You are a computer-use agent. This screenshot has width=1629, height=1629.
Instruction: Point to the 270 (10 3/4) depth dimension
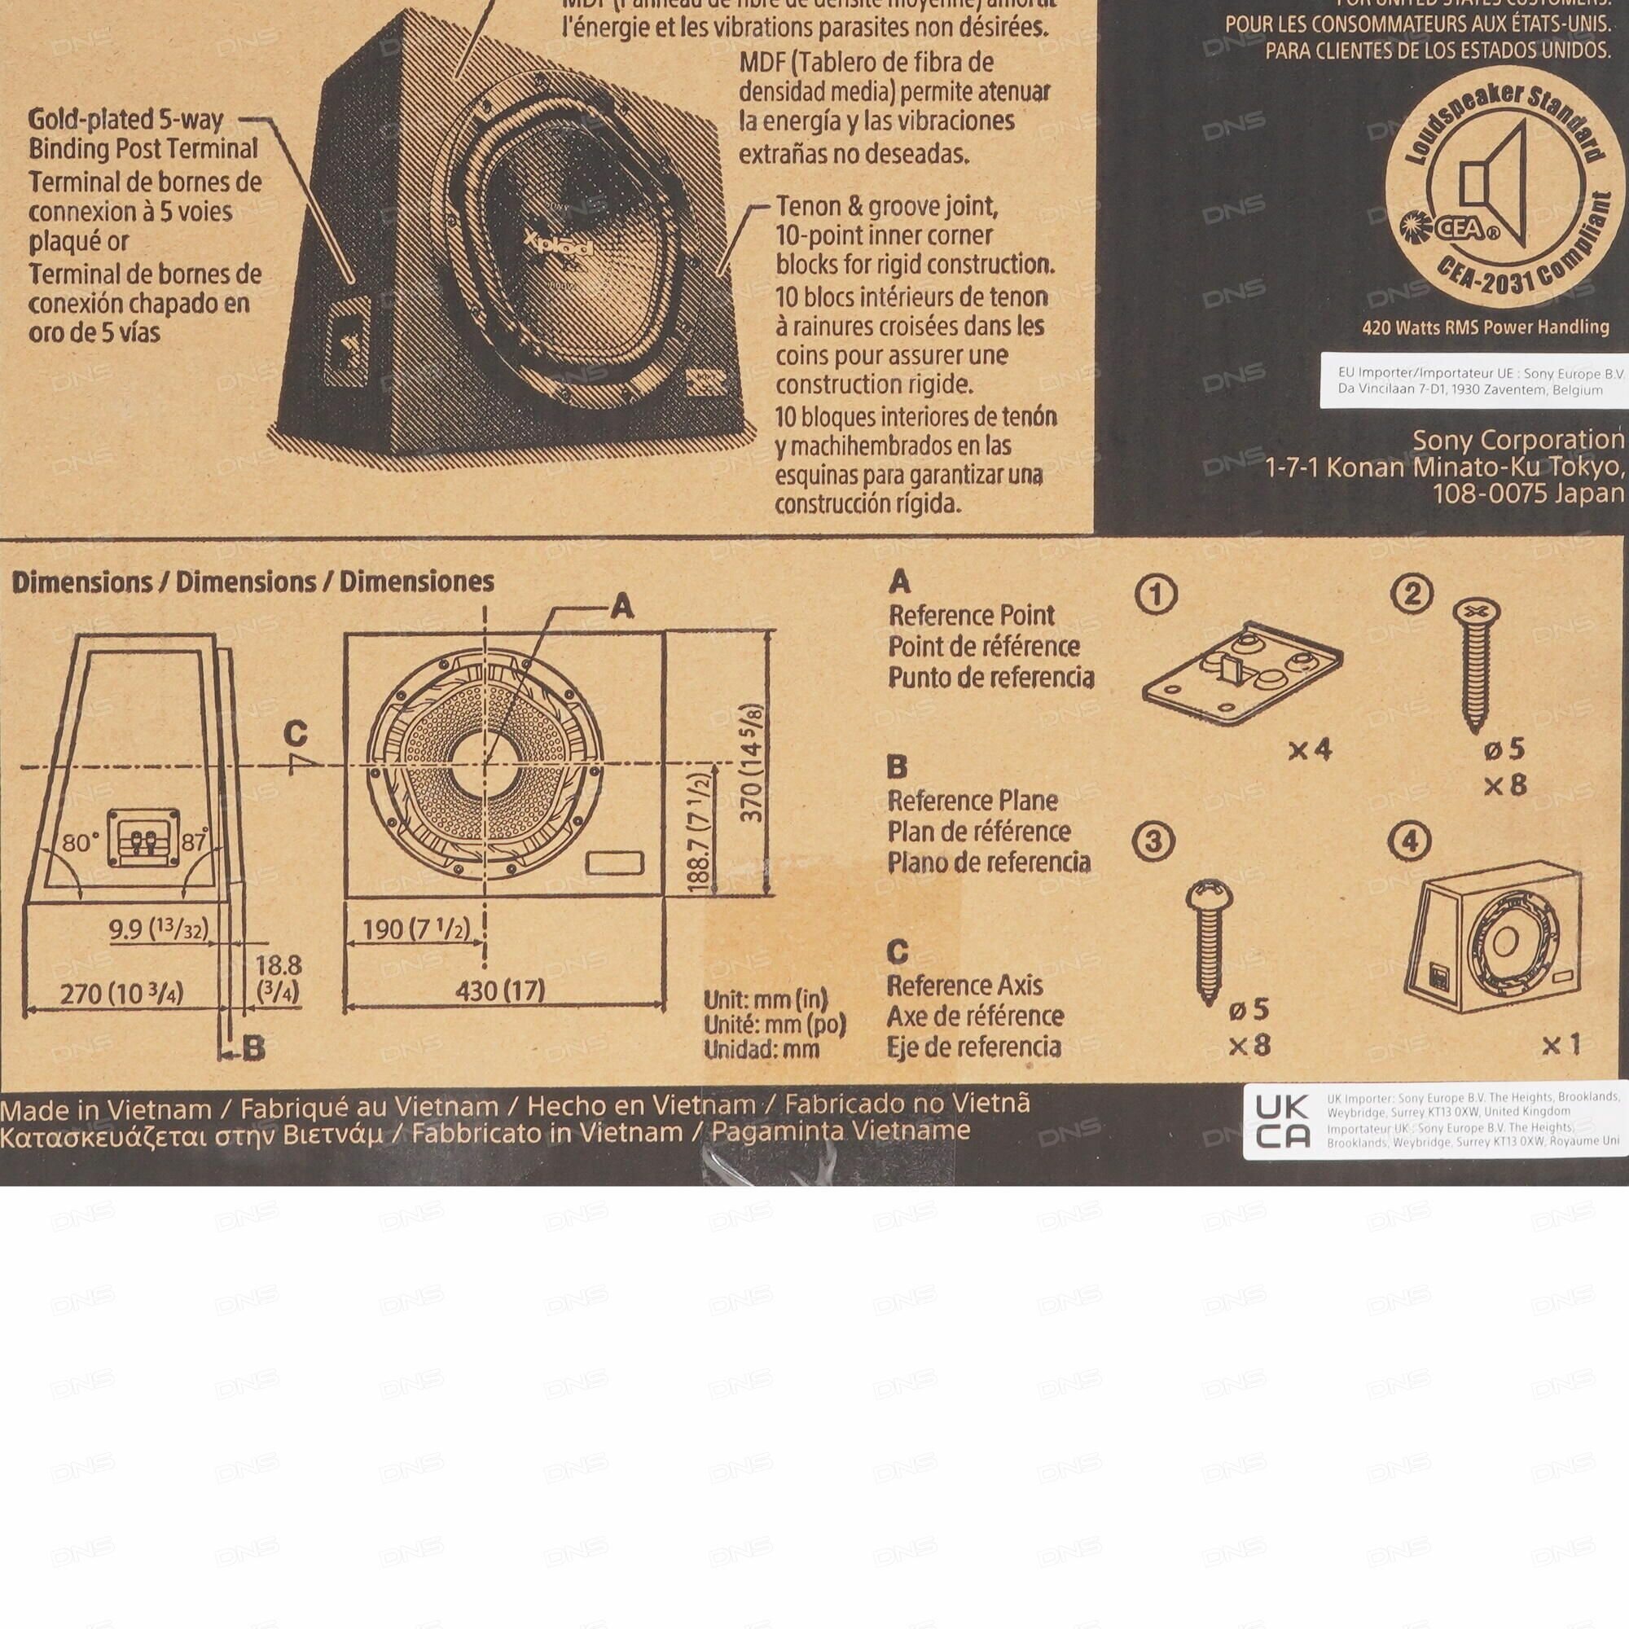(121, 992)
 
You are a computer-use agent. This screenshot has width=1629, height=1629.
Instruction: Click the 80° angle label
(80, 842)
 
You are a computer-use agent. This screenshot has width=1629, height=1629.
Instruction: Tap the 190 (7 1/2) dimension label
(415, 929)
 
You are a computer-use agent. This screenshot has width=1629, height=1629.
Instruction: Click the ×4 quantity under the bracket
(1310, 749)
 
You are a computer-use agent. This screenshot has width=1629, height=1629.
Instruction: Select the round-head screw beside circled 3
(1209, 937)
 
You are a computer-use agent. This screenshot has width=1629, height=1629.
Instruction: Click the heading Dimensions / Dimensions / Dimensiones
(253, 582)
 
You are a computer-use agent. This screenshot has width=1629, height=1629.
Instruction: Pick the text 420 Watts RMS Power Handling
(1486, 327)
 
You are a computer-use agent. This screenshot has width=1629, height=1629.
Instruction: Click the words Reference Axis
(964, 985)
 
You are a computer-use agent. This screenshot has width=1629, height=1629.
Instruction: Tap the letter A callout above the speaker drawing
(621, 605)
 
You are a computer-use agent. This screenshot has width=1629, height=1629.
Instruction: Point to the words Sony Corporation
(1517, 439)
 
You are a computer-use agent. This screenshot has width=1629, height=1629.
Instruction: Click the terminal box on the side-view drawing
(143, 839)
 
